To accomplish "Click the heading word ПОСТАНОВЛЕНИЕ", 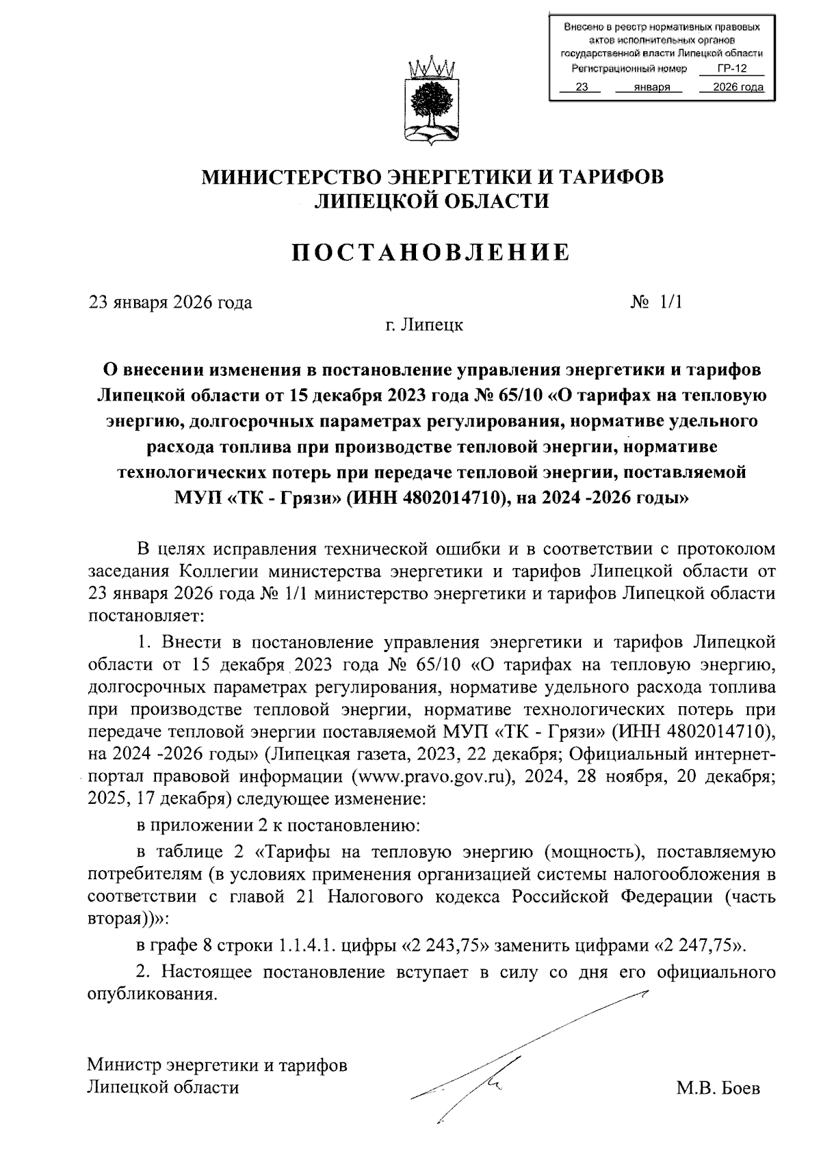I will coord(431,252).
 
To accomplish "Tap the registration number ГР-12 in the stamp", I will coord(732,69).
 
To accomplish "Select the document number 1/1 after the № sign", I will coord(671,302).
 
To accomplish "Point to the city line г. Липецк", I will coord(423,325).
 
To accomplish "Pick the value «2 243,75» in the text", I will coord(446,946).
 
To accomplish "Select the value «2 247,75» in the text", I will coord(699,946).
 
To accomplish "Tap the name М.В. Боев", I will coord(718,1089).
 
